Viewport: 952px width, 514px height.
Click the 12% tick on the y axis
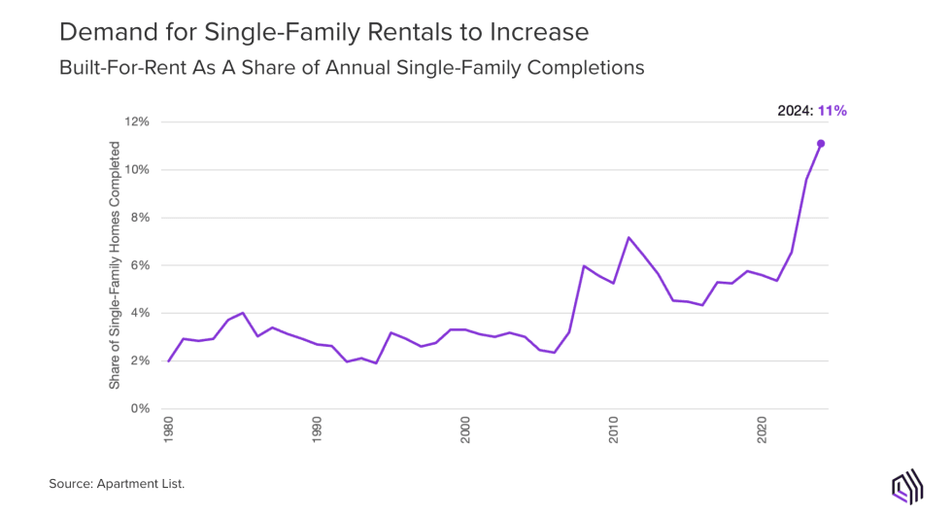click(135, 122)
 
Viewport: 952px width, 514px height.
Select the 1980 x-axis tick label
click(169, 431)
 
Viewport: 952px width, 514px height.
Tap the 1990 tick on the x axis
click(318, 431)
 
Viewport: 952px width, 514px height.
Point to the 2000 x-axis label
click(466, 431)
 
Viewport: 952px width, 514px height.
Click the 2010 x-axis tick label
click(615, 431)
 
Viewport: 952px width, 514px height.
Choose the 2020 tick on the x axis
click(764, 431)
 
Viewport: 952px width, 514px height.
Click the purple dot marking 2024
click(821, 144)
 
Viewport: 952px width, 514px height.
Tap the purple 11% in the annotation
click(833, 111)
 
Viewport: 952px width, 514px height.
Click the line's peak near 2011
click(629, 238)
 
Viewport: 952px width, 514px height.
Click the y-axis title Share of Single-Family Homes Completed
click(115, 265)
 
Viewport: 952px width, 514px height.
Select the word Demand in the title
click(101, 32)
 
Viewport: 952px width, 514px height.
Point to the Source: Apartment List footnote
click(117, 483)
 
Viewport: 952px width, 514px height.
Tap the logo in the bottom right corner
click(905, 486)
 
